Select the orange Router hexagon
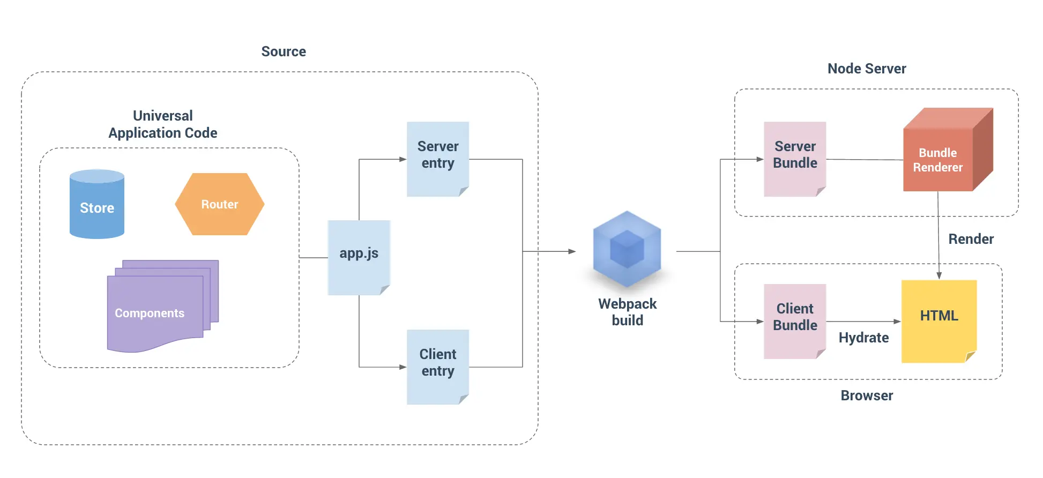(219, 204)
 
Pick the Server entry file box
(437, 159)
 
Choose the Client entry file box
(437, 367)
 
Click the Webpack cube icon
(627, 249)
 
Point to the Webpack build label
(627, 312)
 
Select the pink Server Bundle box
(794, 159)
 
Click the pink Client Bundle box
(794, 320)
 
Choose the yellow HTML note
(938, 320)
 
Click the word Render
(971, 239)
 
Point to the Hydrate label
(863, 338)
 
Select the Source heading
(284, 51)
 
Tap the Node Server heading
(867, 69)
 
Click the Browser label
(867, 395)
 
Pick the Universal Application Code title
(163, 124)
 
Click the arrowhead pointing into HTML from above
(939, 275)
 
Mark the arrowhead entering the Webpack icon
(572, 251)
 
